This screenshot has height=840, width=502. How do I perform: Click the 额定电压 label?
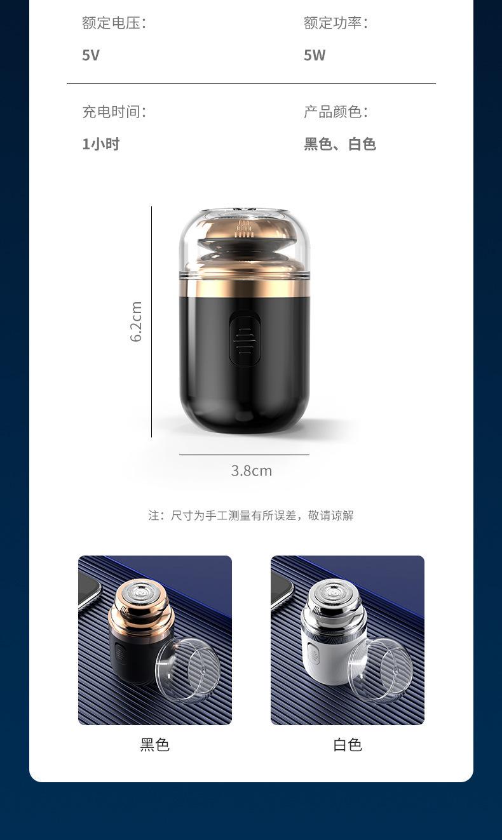[x=114, y=23]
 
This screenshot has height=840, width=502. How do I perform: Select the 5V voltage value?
[x=91, y=55]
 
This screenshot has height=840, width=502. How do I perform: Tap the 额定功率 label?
[x=336, y=23]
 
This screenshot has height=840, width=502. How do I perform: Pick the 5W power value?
[x=315, y=55]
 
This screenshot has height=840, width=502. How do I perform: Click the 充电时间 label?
[x=114, y=112]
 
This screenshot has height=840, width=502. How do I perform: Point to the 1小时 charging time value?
[x=101, y=144]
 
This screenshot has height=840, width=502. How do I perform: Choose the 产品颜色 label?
[x=336, y=112]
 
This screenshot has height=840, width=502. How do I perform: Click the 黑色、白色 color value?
[x=340, y=144]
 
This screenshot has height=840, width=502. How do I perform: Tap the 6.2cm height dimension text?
[x=136, y=321]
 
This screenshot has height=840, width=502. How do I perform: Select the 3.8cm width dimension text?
[x=252, y=470]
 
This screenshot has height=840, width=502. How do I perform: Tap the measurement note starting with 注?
[x=251, y=516]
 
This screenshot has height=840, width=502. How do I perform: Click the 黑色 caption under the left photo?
[x=155, y=745]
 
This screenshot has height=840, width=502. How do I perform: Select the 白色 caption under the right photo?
[x=348, y=745]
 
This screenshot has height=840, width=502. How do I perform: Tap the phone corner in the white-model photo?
[x=281, y=587]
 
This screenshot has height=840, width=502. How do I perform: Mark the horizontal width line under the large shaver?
[x=244, y=455]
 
